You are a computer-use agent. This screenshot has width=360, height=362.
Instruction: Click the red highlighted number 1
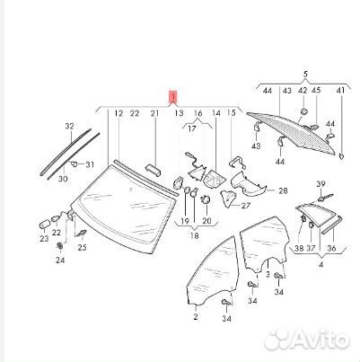pyautogui.click(x=173, y=97)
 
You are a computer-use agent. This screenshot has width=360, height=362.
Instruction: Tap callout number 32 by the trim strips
pyautogui.click(x=69, y=127)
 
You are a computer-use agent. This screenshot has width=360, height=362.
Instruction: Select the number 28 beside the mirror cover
pyautogui.click(x=283, y=190)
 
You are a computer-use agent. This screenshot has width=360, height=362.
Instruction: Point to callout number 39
pyautogui.click(x=320, y=184)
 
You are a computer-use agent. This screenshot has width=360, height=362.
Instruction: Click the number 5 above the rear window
pyautogui.click(x=305, y=74)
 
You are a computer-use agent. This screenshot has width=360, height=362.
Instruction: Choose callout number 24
pyautogui.click(x=60, y=260)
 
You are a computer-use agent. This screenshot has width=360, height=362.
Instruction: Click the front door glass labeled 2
pyautogui.click(x=211, y=272)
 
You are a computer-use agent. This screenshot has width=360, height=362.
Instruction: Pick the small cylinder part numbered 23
pyautogui.click(x=45, y=225)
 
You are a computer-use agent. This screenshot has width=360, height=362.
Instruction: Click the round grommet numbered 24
pyautogui.click(x=60, y=246)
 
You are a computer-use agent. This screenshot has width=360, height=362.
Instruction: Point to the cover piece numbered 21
pyautogui.click(x=154, y=169)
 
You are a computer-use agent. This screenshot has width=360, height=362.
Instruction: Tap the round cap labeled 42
pyautogui.click(x=303, y=111)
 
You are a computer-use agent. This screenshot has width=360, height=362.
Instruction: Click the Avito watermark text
pyautogui.click(x=308, y=340)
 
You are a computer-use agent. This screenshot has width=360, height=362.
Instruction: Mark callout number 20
pyautogui.click(x=206, y=221)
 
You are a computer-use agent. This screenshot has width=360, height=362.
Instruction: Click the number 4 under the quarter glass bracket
pyautogui.click(x=320, y=265)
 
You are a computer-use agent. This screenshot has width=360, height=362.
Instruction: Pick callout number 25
pyautogui.click(x=82, y=247)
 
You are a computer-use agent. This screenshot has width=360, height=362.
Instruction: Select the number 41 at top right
pyautogui.click(x=340, y=90)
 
